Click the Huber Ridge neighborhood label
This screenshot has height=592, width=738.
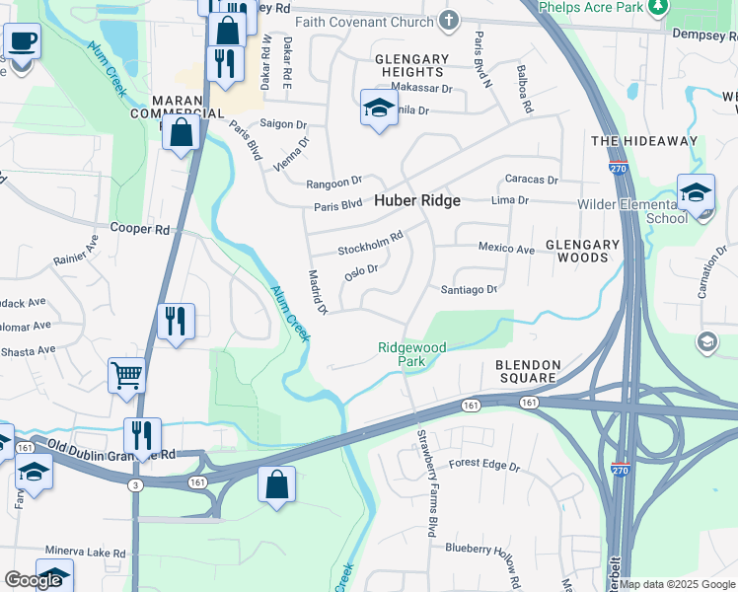pyautogui.click(x=416, y=200)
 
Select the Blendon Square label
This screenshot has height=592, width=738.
pyautogui.click(x=527, y=372)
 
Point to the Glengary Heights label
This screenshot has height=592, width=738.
pyautogui.click(x=411, y=65)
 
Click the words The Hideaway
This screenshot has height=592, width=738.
pyautogui.click(x=643, y=141)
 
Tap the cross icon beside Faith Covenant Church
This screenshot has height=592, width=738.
pyautogui.click(x=449, y=20)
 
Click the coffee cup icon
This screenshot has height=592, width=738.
pyautogui.click(x=22, y=42)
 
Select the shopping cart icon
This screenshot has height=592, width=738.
pyautogui.click(x=127, y=375)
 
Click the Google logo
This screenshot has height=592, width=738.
pyautogui.click(x=34, y=580)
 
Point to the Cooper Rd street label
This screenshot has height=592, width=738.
pyautogui.click(x=140, y=229)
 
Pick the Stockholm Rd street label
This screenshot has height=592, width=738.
pyautogui.click(x=371, y=243)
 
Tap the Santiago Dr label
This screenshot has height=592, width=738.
pyautogui.click(x=469, y=289)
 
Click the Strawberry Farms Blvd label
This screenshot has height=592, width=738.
pyautogui.click(x=426, y=476)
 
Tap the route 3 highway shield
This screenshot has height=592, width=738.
pyautogui.click(x=135, y=484)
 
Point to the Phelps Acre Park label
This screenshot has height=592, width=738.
pyautogui.click(x=590, y=7)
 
